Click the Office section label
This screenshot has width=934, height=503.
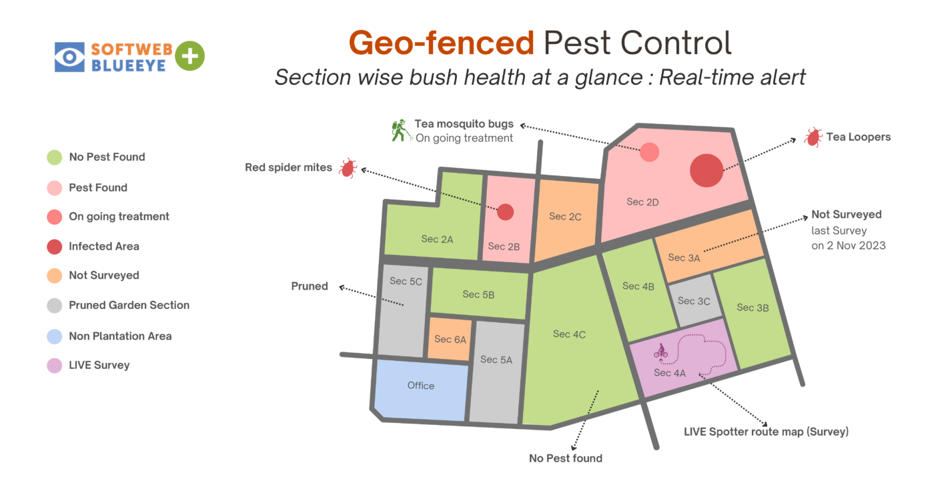click(420, 386)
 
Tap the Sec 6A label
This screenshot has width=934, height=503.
click(450, 340)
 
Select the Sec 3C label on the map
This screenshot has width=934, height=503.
click(694, 301)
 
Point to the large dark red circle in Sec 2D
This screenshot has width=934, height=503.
click(706, 170)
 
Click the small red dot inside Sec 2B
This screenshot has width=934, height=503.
click(505, 212)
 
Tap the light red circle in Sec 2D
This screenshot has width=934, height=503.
click(649, 152)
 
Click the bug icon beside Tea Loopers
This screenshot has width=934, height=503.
click(813, 137)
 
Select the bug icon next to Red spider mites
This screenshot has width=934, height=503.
click(347, 168)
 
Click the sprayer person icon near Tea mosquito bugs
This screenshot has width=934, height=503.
click(400, 130)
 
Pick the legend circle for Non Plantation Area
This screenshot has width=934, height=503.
click(55, 336)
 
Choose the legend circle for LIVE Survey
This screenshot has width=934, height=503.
click(55, 366)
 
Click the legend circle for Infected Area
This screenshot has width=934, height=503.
click(55, 247)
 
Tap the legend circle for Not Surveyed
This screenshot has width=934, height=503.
click(55, 276)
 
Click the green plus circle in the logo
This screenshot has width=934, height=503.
click(189, 56)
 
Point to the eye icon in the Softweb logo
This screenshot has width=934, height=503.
click(69, 57)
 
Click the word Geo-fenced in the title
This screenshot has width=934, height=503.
click(441, 43)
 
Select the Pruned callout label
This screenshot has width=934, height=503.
click(310, 286)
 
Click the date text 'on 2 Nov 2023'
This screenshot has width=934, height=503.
click(849, 245)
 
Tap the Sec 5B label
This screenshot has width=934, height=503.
click(478, 294)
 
